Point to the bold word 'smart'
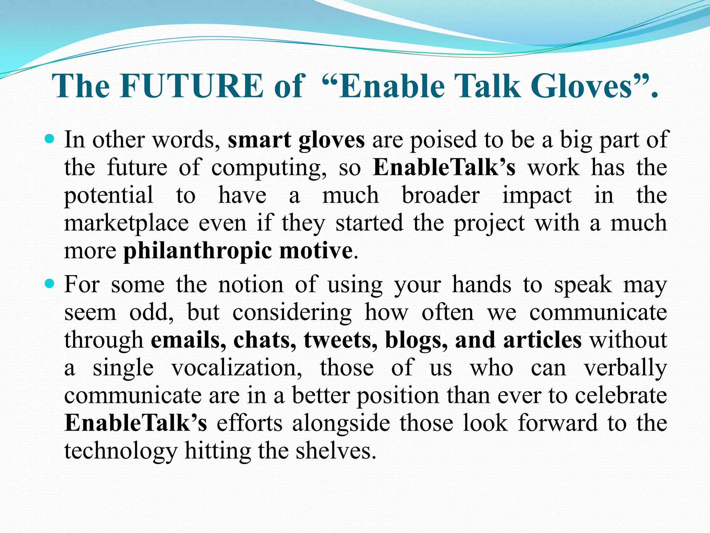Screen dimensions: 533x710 (259, 140)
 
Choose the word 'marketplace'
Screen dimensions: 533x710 (126, 223)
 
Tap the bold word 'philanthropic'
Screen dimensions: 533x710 (198, 251)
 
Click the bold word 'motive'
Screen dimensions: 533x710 (316, 251)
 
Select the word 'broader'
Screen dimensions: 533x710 (441, 195)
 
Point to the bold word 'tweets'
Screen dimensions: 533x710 (340, 340)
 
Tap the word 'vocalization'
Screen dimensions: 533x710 (236, 368)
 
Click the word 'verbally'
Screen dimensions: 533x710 (625, 368)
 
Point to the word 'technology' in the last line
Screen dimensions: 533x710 (121, 451)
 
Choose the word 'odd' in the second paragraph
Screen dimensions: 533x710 (151, 312)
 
